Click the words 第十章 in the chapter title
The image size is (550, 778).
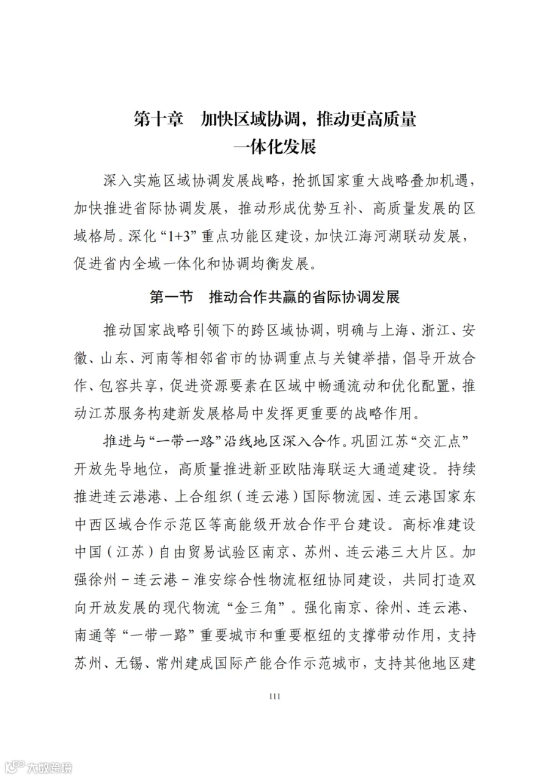tap(159, 119)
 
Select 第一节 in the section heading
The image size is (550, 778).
tap(171, 298)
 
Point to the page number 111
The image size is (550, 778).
tap(274, 695)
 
